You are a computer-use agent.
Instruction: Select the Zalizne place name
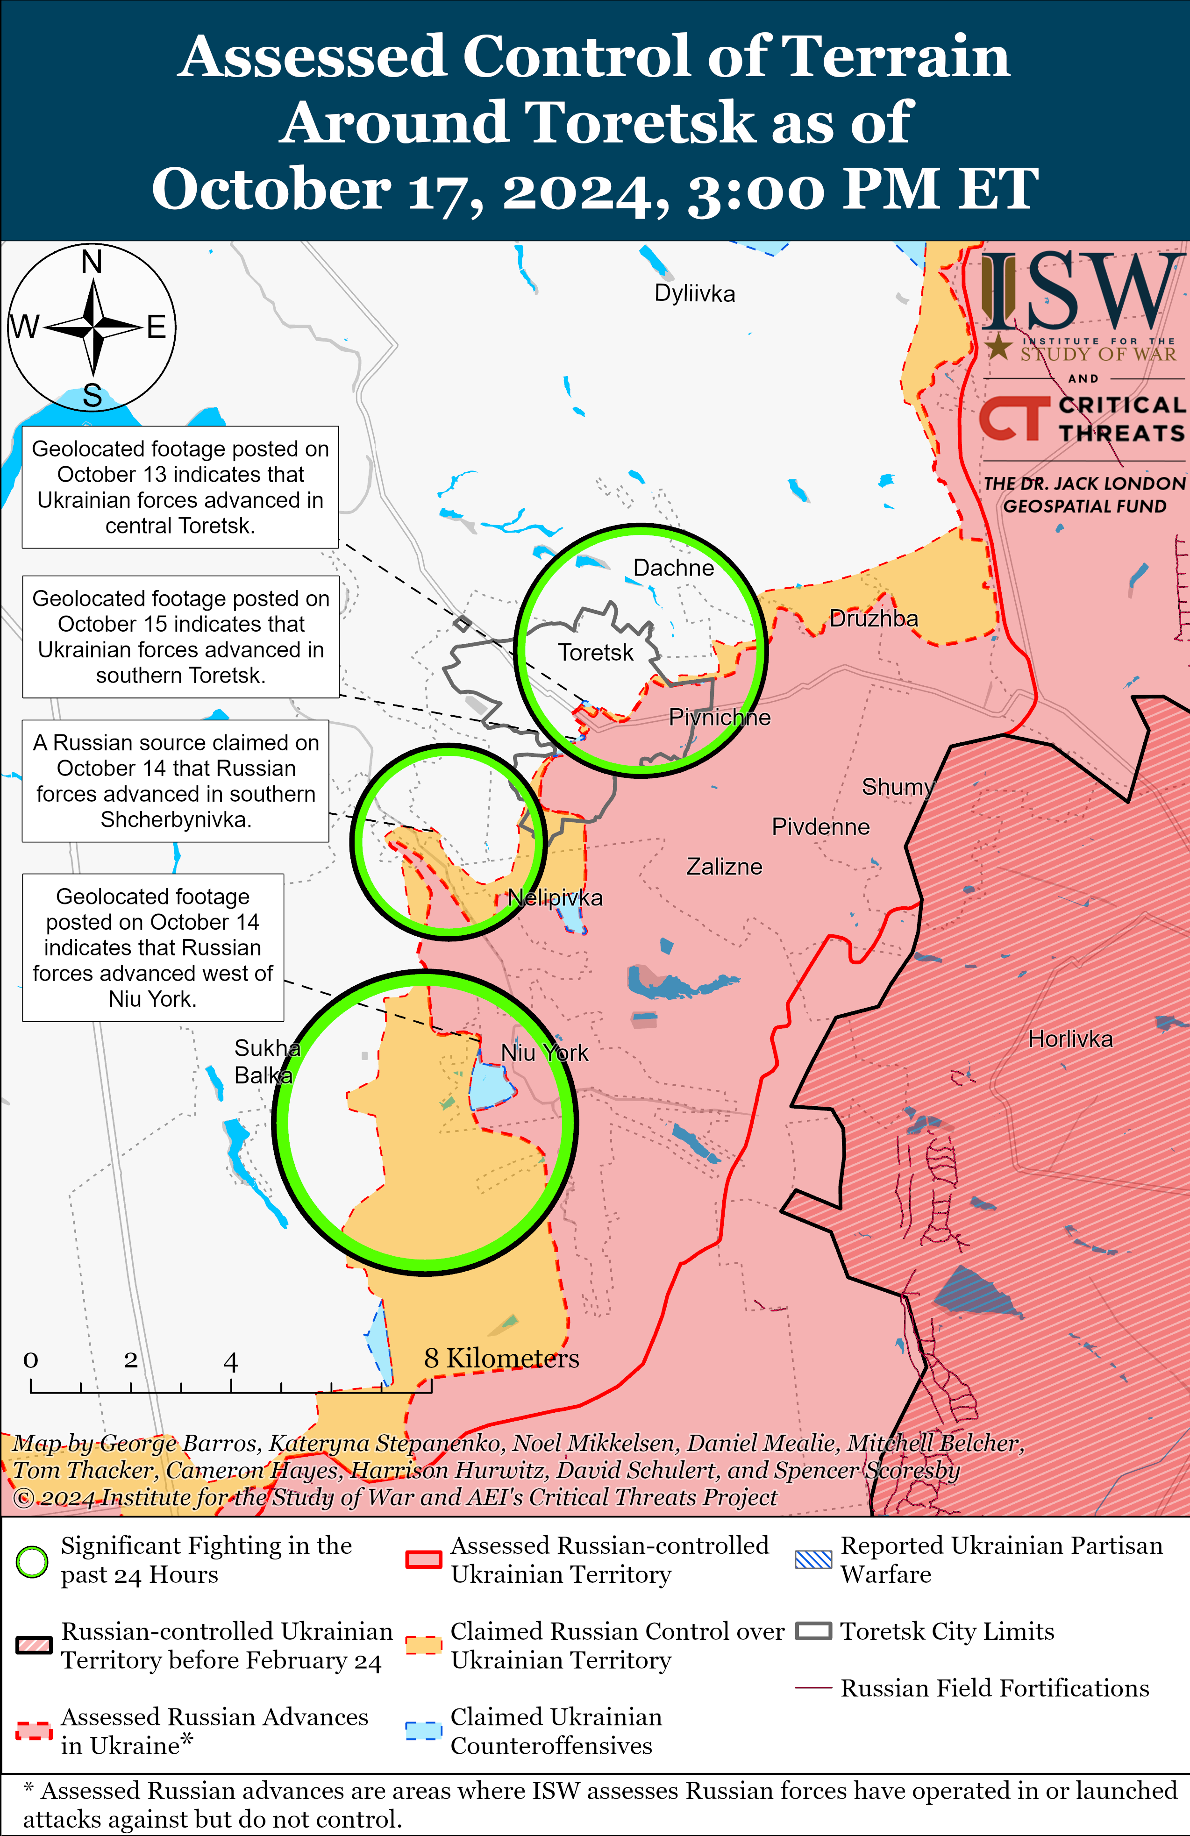[x=724, y=867]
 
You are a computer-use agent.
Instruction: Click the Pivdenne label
[x=820, y=827]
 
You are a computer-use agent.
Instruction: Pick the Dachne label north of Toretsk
[x=673, y=568]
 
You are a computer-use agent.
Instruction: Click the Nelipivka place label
[x=555, y=898]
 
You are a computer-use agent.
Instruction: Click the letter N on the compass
[x=92, y=262]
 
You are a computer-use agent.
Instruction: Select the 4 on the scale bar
[x=230, y=1361]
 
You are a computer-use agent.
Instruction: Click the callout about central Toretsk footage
[x=180, y=487]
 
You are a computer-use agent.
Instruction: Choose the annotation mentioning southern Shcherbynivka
[x=176, y=781]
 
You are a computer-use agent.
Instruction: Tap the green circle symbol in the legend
[x=32, y=1562]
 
